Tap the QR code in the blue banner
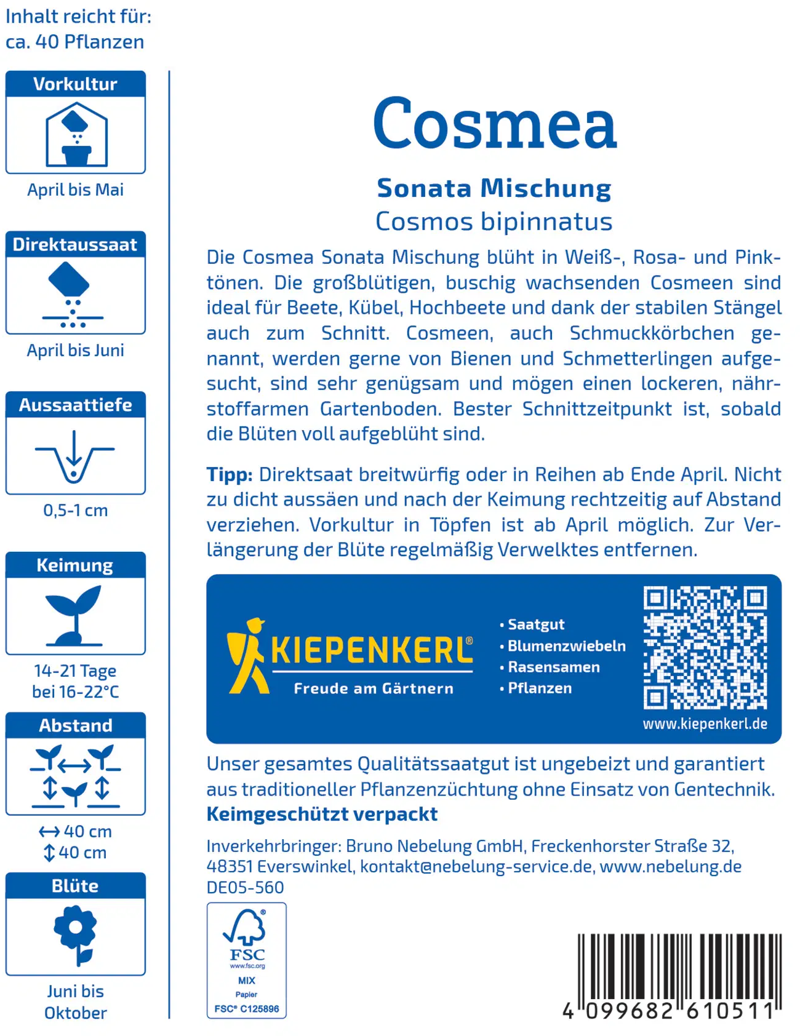[x=705, y=648]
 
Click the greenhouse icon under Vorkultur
[x=76, y=135]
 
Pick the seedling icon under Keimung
[x=75, y=615]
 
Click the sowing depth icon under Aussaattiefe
[x=74, y=456]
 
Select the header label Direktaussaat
[x=75, y=245]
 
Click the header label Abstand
[x=76, y=725]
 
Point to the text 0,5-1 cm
[x=75, y=511]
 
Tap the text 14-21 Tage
[x=75, y=671]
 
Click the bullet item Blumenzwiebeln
[x=566, y=646]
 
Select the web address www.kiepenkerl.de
[x=705, y=724]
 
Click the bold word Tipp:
[x=229, y=474]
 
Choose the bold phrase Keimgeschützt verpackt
[x=322, y=814]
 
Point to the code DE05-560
[x=245, y=887]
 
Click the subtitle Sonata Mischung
[x=494, y=188]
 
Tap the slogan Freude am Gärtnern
[x=374, y=688]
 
